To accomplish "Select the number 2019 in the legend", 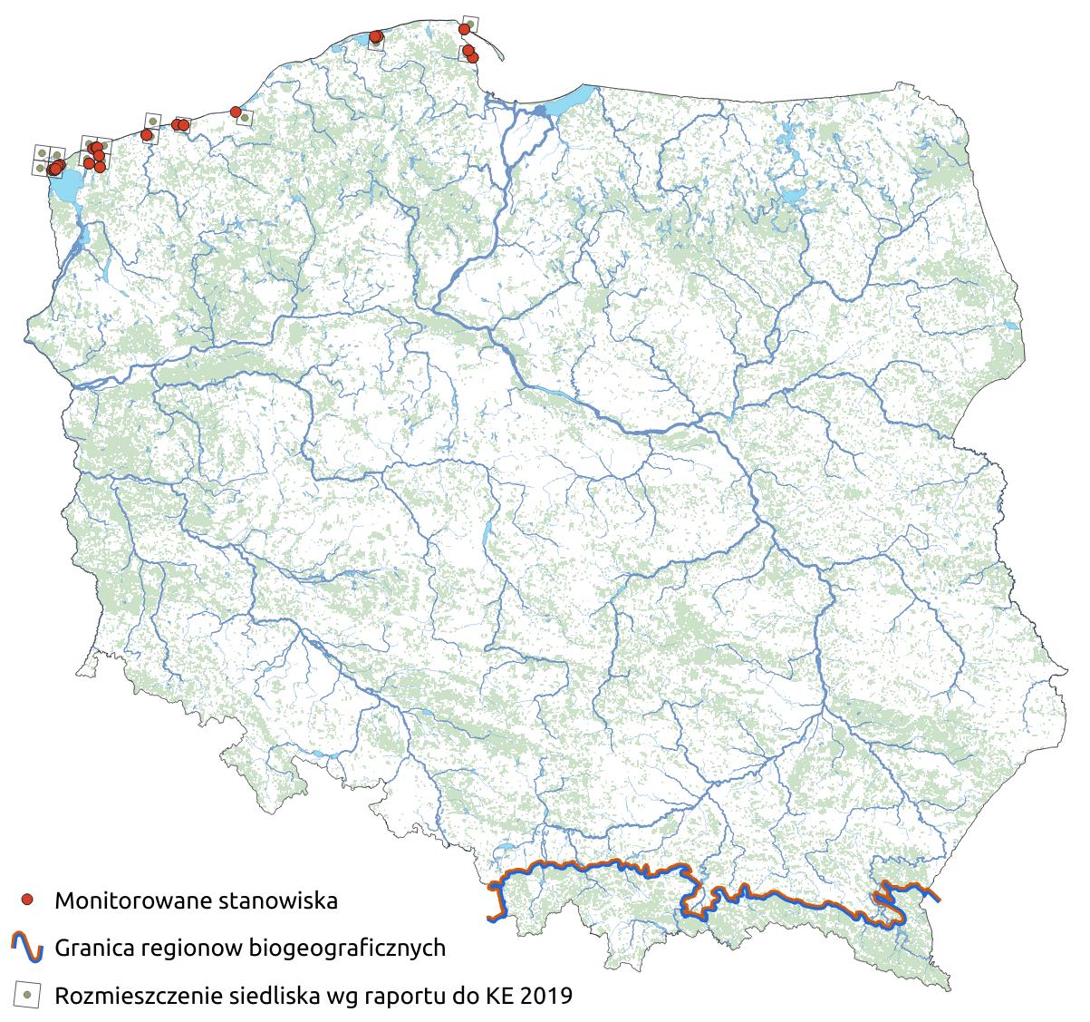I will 547,996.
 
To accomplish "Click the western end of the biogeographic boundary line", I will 490,919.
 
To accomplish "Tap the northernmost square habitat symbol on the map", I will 469,23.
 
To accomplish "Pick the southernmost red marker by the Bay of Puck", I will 472,58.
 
